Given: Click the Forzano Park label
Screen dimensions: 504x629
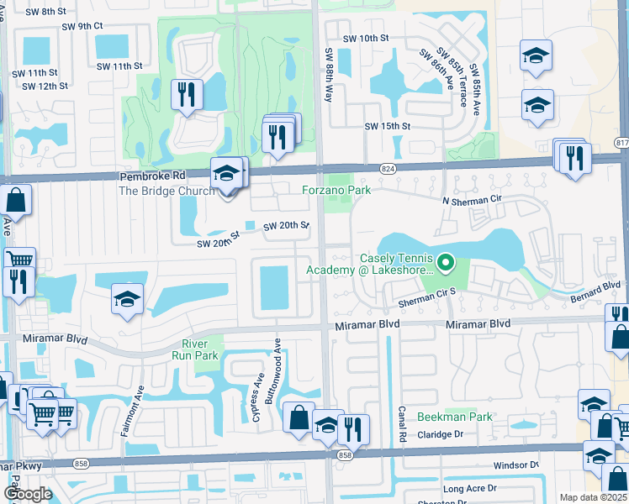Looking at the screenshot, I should tap(336, 191).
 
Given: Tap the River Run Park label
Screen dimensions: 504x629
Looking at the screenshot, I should tap(201, 349).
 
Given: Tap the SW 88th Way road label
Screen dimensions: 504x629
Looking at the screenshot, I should tap(329, 76).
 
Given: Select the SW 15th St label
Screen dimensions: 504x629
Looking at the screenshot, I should tap(387, 126).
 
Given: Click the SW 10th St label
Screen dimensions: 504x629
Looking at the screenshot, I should tap(366, 39).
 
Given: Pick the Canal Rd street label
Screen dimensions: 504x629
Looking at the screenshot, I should tap(402, 427).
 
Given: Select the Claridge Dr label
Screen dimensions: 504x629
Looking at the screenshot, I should tap(441, 435).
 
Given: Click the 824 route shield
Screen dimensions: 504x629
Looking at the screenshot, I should tap(388, 169).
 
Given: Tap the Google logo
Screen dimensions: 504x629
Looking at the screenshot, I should tap(27, 494).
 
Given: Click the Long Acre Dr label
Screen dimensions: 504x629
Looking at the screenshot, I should tap(464, 489).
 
